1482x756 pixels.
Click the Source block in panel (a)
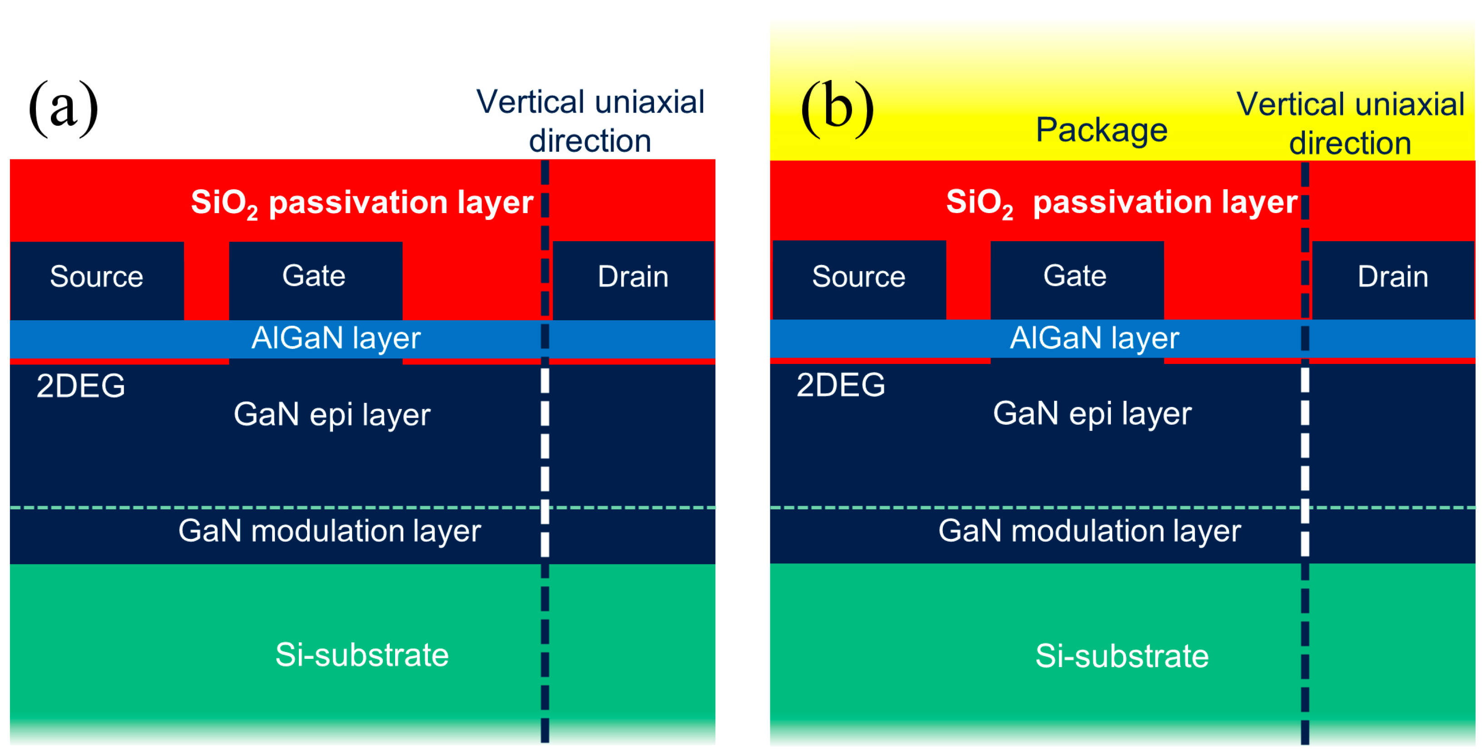97,280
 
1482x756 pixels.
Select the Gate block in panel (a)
315,280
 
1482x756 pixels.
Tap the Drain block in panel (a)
633,280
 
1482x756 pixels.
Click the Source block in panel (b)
858,280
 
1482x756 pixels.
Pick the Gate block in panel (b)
1076,280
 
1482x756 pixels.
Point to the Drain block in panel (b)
1392,280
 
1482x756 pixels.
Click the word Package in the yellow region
1101,130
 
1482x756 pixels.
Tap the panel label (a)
63,108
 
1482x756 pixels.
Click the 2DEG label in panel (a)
80,385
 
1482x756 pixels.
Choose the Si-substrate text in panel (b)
1122,656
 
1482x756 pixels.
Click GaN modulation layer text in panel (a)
329,531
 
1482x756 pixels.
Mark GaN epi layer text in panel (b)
1092,414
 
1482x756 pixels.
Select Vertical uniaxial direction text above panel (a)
590,121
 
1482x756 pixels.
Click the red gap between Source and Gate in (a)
206,280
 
